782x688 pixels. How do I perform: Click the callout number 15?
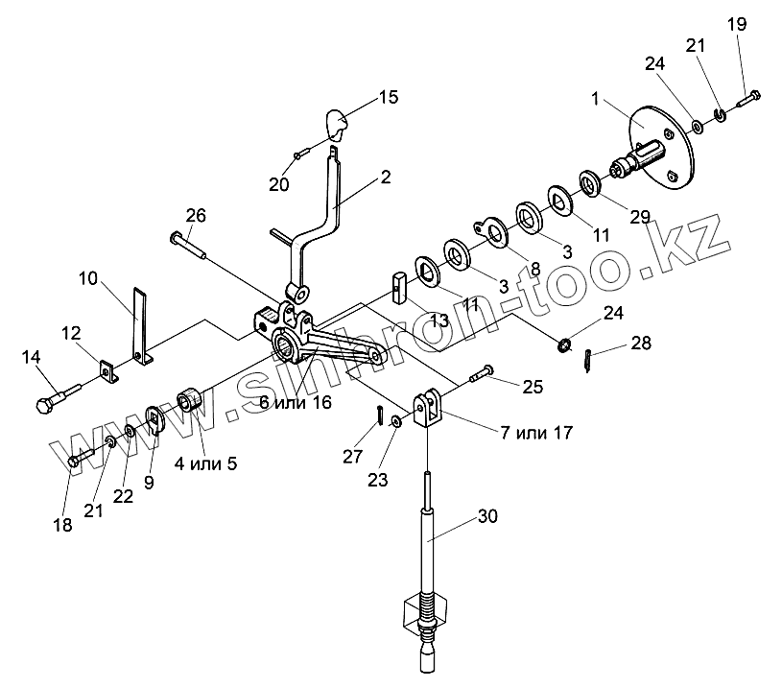click(x=387, y=97)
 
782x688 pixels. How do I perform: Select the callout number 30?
click(x=487, y=515)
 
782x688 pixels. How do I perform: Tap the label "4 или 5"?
click(x=204, y=463)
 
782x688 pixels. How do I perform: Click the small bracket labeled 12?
click(x=107, y=368)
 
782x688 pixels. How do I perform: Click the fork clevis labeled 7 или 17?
click(x=428, y=409)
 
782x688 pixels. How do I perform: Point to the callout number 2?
click(x=385, y=177)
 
